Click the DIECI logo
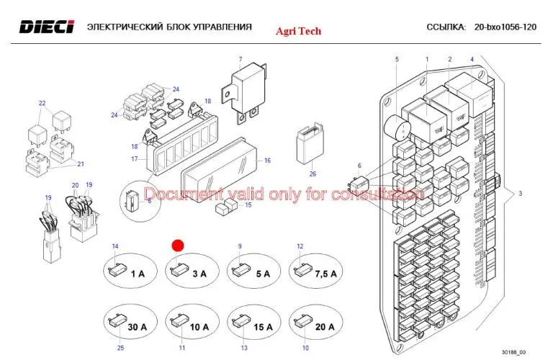(46, 27)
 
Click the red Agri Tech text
(299, 31)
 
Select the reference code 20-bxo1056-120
(505, 27)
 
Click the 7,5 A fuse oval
(315, 271)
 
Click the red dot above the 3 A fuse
(179, 245)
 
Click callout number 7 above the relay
(240, 59)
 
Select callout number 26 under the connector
(313, 174)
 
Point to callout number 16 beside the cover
(267, 161)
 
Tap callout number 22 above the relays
(42, 104)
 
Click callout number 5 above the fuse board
(397, 59)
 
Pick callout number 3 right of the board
(520, 194)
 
